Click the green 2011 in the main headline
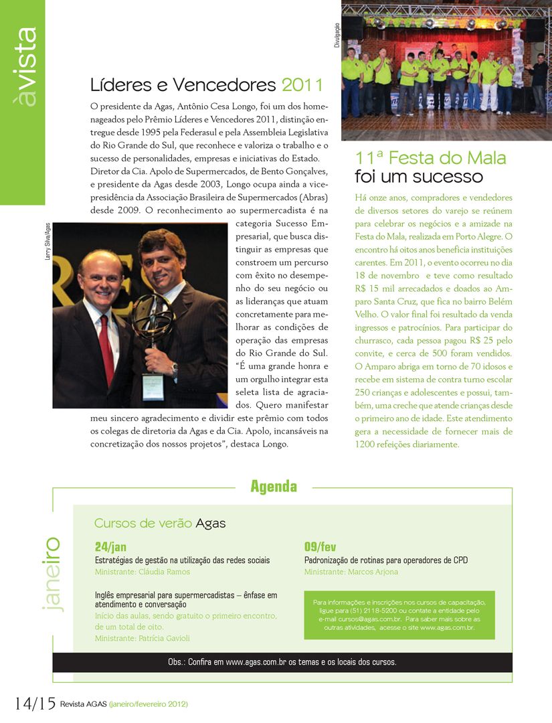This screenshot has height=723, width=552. point(302,85)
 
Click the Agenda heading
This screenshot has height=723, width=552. point(274,487)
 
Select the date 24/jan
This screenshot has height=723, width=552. point(110,547)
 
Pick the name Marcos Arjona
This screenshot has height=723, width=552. point(373,572)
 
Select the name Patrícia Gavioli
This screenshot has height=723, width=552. point(164,639)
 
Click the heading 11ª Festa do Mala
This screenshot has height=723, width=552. point(431,159)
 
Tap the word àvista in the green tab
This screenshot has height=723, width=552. point(27,67)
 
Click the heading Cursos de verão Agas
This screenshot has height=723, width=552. point(160,523)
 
